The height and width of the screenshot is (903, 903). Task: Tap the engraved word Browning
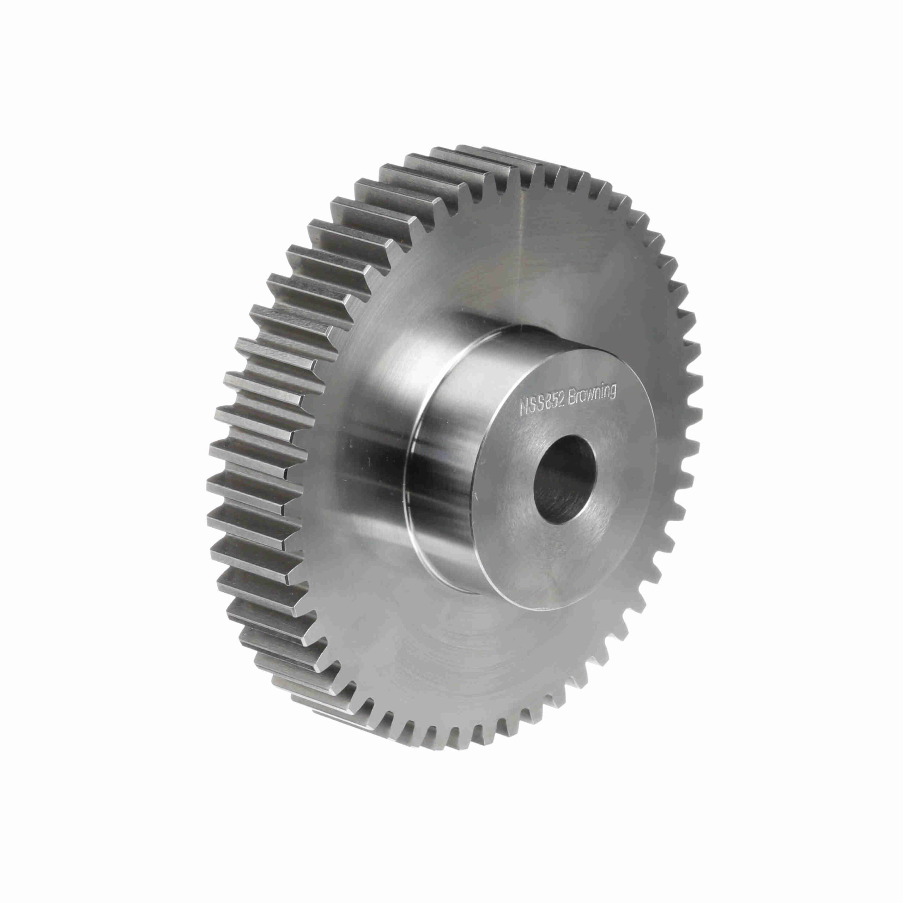coord(592,396)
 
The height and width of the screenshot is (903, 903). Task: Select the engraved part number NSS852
coord(543,405)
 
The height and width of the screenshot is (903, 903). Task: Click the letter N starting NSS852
coord(525,408)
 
